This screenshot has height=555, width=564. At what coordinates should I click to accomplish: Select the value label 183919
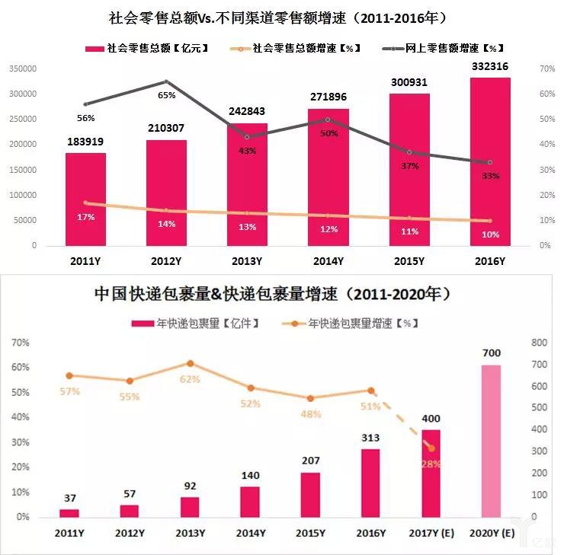click(85, 142)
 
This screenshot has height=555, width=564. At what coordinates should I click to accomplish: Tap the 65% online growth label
click(167, 95)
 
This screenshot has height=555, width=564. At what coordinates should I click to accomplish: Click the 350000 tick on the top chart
click(23, 69)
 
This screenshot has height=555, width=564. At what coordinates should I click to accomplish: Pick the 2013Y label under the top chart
click(247, 261)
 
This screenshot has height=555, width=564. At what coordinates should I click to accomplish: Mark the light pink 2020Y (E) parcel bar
click(491, 441)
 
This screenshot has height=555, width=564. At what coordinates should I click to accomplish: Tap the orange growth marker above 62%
click(191, 364)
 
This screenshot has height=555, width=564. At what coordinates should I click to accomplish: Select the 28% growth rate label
click(431, 464)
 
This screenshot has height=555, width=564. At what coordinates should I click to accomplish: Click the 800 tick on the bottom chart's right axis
click(540, 343)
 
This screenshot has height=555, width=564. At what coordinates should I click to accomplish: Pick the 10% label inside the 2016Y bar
click(490, 234)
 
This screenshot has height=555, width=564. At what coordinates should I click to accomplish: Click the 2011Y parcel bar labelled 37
click(69, 513)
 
